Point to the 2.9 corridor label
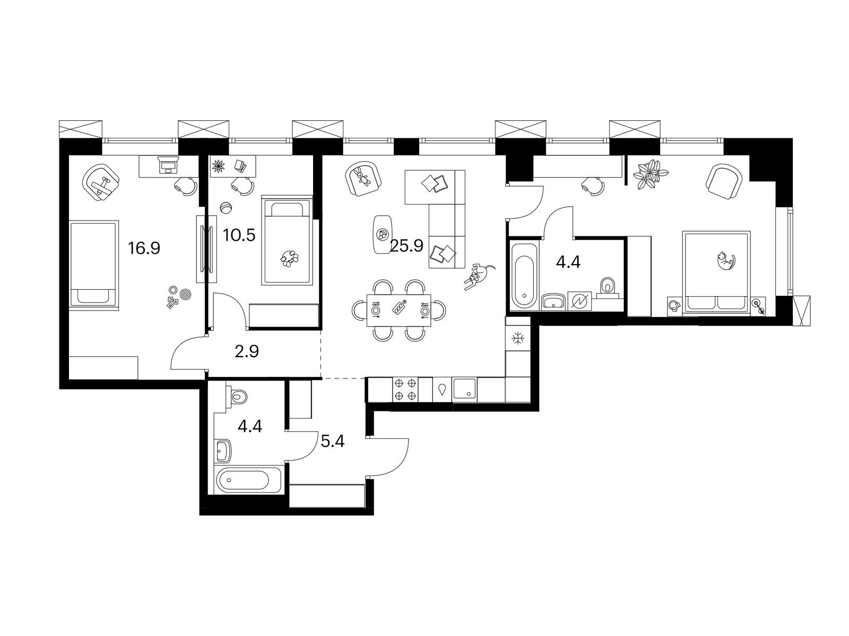tap(246, 351)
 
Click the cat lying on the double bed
tap(724, 261)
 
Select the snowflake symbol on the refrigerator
tap(517, 339)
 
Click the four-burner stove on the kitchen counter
tap(405, 390)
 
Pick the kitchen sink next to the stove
tap(465, 390)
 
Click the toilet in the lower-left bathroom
tap(239, 395)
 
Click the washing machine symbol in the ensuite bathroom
tap(577, 301)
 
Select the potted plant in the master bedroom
tap(651, 173)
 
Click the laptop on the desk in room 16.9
tap(169, 166)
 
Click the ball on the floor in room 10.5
tap(227, 208)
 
